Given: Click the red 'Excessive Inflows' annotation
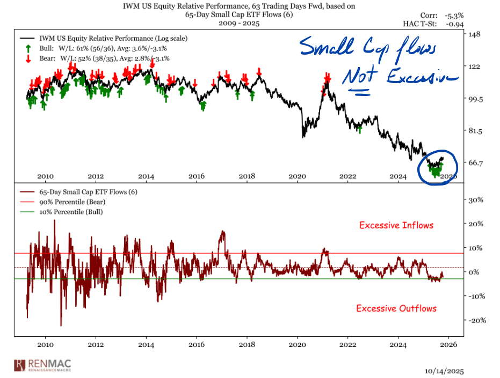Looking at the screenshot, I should pyautogui.click(x=396, y=225).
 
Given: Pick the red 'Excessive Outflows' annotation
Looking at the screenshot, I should pyautogui.click(x=396, y=308).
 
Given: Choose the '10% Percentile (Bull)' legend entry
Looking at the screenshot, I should pyautogui.click(x=69, y=211).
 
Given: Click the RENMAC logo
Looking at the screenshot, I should pyautogui.click(x=43, y=365).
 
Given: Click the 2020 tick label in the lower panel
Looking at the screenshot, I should pyautogui.click(x=298, y=344).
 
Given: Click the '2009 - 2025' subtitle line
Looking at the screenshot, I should pyautogui.click(x=238, y=24).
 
